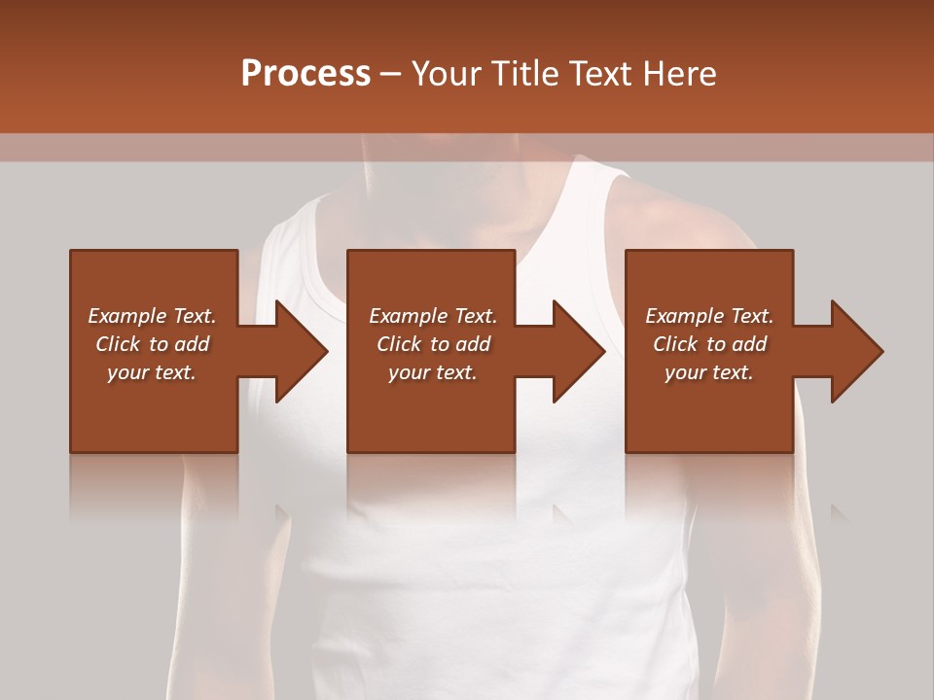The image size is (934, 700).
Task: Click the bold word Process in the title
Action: (305, 74)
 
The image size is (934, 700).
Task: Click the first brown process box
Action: (154, 418)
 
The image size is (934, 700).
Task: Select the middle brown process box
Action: (431, 418)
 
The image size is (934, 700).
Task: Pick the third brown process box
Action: (708, 418)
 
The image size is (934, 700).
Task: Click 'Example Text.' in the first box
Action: (152, 316)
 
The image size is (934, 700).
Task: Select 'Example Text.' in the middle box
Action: (433, 316)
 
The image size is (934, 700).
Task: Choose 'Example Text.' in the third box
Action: (709, 316)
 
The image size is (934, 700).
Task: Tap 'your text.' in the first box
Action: (152, 372)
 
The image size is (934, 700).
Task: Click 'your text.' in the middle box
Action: (433, 372)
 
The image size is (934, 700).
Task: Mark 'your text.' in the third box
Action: (709, 372)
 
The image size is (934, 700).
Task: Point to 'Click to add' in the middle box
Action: (433, 344)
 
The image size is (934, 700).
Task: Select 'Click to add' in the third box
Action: (709, 344)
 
